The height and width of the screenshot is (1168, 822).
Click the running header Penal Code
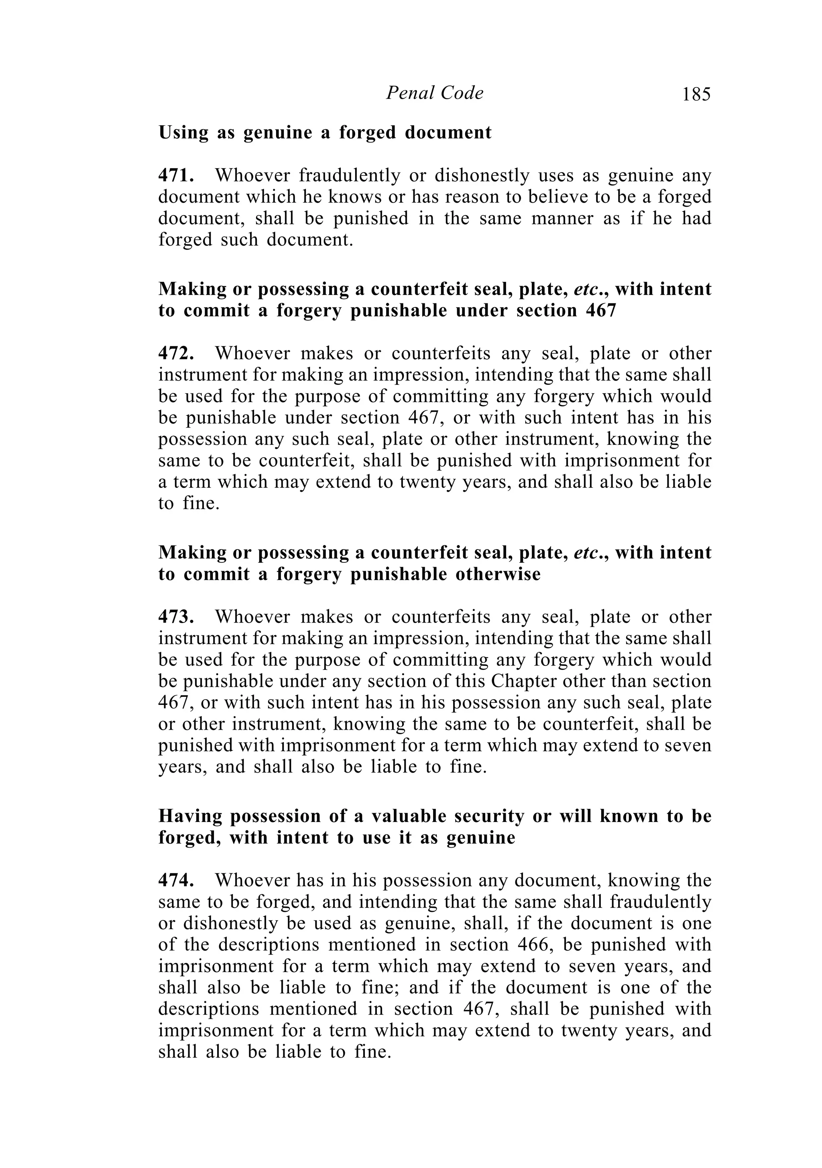pos(434,93)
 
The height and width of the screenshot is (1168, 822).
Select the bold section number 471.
pos(175,175)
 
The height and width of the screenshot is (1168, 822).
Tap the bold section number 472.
pos(175,354)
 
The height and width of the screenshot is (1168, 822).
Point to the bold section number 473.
pos(175,617)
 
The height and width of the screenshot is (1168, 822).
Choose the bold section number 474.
pos(175,881)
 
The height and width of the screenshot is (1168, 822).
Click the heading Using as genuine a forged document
pos(325,133)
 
